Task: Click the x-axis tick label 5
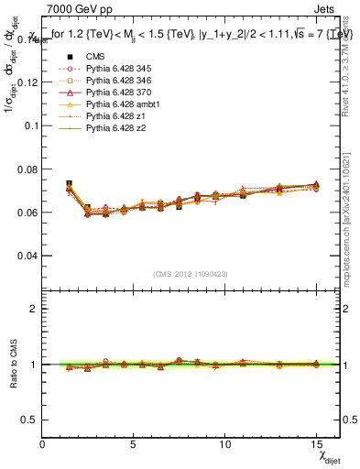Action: (x=134, y=444)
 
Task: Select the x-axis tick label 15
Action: (x=315, y=444)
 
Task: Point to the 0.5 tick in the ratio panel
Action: (x=30, y=420)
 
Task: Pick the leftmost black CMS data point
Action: (x=70, y=184)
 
